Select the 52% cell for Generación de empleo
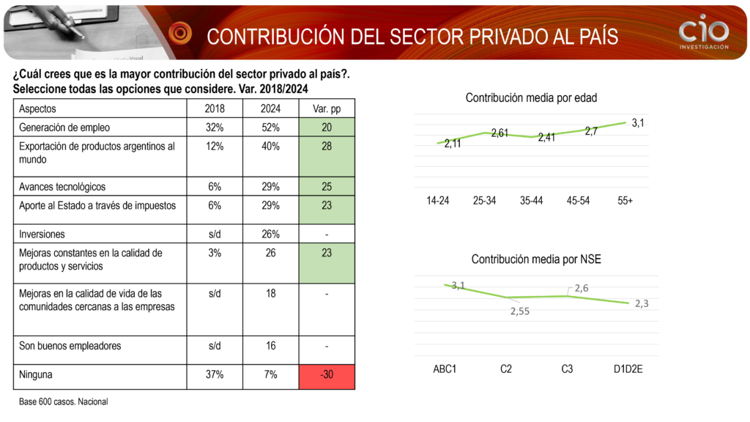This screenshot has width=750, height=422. tap(270, 127)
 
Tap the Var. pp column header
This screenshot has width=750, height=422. tap(327, 108)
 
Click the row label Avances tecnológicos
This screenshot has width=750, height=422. tap(62, 187)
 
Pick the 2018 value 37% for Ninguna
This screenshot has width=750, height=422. tap(215, 375)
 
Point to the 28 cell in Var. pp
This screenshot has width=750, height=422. tap(327, 147)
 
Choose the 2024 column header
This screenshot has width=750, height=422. tap(270, 108)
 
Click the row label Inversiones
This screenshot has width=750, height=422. tap(42, 234)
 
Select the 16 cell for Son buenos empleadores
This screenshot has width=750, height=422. tap(270, 346)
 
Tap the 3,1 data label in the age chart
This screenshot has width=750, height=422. tap(637, 123)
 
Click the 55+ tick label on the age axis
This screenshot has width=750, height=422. tap(625, 201)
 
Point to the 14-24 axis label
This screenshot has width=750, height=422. tap(438, 201)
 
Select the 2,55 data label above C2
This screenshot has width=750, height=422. tap(519, 311)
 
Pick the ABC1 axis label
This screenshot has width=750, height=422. tap(445, 369)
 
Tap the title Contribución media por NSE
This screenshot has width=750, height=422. tap(536, 259)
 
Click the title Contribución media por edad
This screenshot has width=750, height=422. tap(532, 97)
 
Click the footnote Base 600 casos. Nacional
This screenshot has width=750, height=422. tap(64, 402)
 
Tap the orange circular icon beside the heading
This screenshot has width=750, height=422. tap(180, 33)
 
